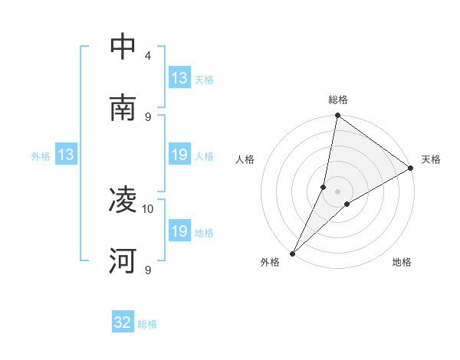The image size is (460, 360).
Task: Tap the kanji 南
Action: point(123,108)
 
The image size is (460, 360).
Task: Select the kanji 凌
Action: point(123,201)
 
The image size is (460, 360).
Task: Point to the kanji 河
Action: point(123,261)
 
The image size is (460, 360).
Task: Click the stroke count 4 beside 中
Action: point(148,56)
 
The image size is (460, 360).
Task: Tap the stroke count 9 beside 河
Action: point(148,270)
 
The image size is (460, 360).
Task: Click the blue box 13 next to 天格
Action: point(179,78)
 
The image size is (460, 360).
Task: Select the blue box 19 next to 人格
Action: point(179,155)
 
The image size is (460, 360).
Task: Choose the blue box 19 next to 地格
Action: point(179,231)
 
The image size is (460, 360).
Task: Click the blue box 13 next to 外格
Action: point(65,155)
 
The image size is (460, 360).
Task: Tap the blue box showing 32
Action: point(123,323)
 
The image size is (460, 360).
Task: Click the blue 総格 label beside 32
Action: point(147,324)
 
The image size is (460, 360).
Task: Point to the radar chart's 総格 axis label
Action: point(338,100)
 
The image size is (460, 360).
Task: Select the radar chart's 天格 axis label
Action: point(431,159)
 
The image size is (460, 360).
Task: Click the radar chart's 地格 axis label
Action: point(402,262)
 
